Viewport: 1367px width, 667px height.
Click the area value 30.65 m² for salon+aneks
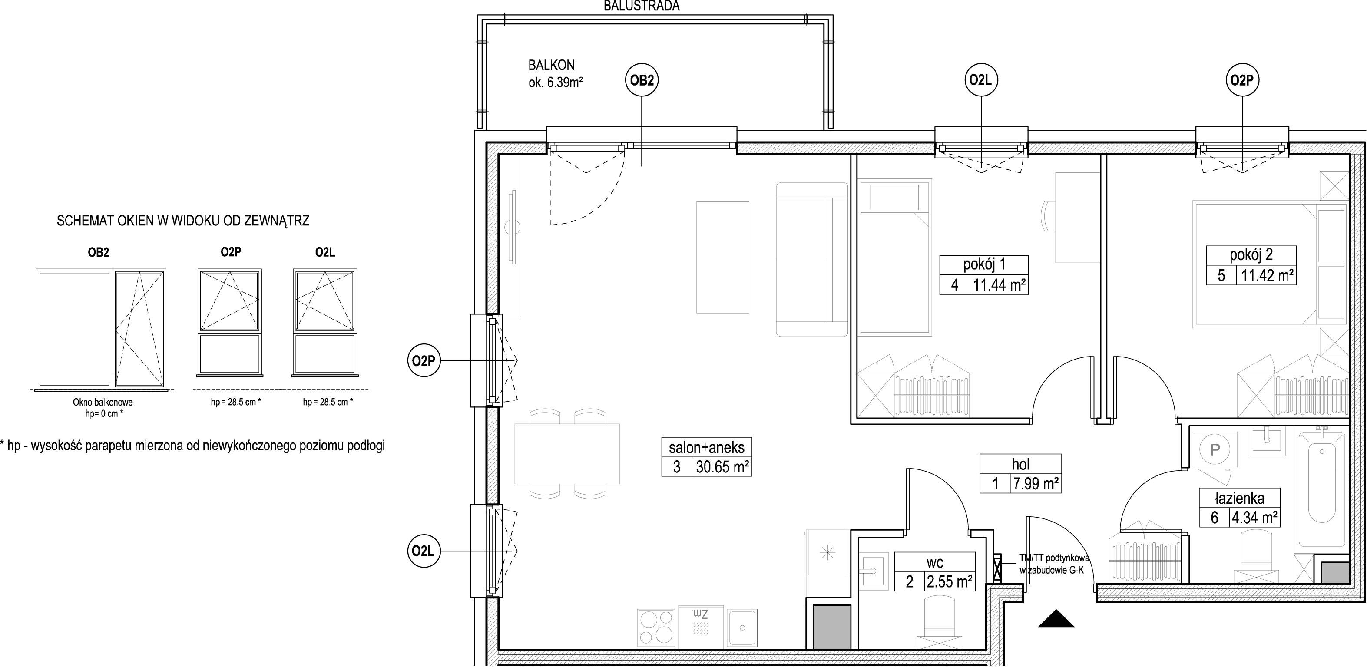click(722, 467)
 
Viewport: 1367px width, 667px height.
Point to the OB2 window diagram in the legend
click(101, 328)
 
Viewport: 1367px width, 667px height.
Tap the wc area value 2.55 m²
click(950, 581)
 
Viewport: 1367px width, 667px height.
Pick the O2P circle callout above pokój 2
click(1243, 81)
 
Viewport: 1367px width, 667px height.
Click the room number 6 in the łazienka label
click(1214, 517)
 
